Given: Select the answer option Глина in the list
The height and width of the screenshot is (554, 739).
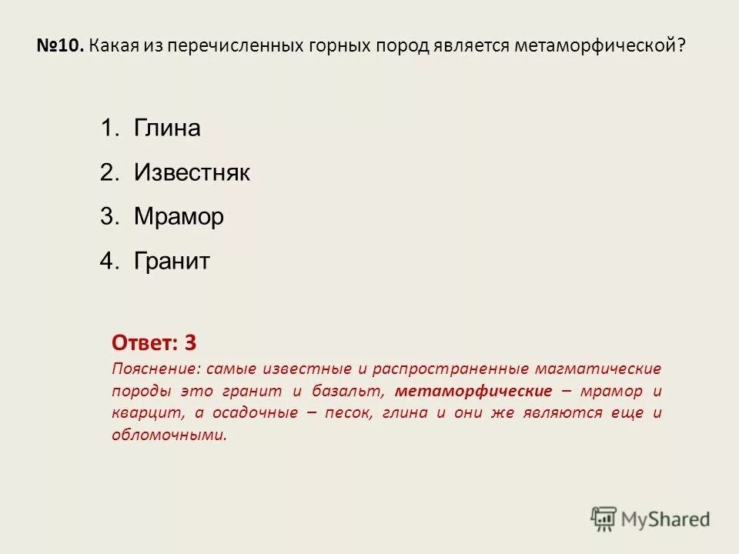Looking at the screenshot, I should (x=167, y=128).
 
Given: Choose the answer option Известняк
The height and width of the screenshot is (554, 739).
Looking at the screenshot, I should (x=192, y=172).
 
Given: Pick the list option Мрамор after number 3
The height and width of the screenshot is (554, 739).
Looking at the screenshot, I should (x=179, y=217).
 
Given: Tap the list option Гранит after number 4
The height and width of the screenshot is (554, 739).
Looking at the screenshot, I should (x=172, y=262).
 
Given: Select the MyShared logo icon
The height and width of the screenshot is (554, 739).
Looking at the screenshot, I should (x=604, y=519).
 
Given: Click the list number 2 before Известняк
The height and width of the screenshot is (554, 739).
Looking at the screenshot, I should (x=107, y=172).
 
